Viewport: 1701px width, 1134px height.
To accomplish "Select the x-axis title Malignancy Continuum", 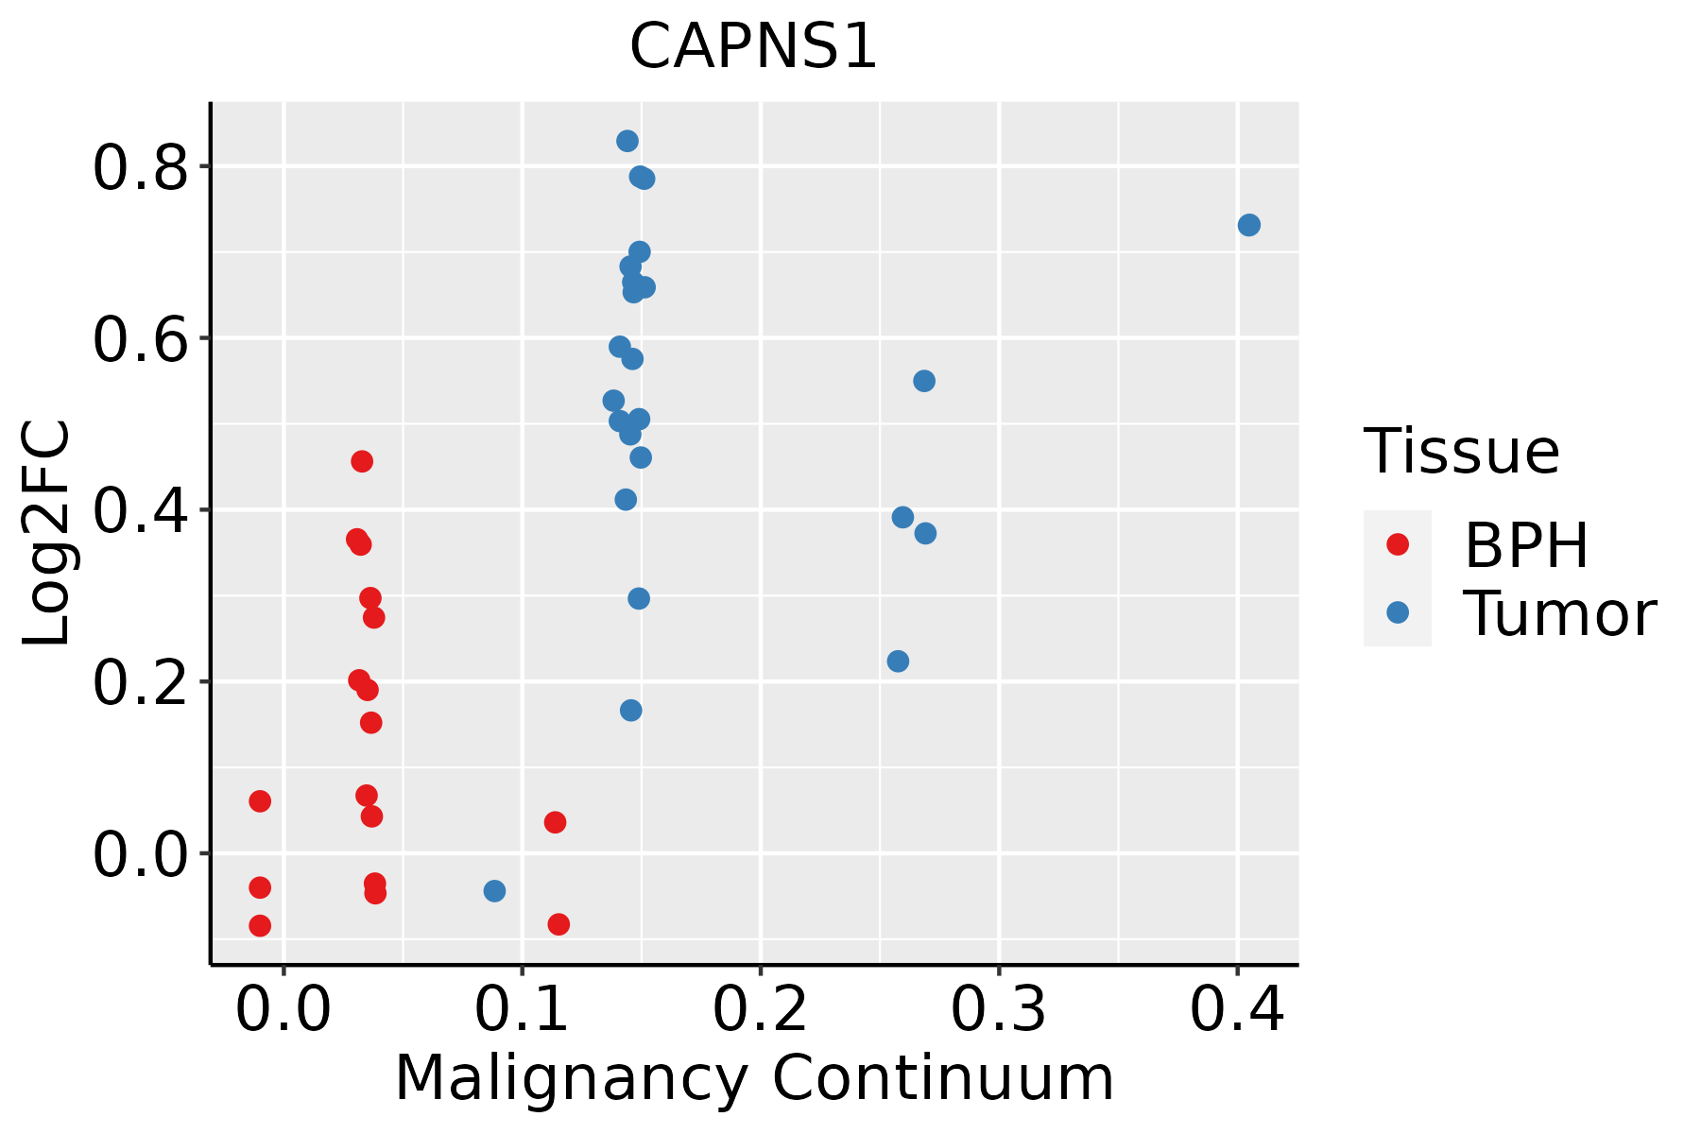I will coord(753,1078).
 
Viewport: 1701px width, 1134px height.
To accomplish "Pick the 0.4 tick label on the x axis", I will coord(1236,1009).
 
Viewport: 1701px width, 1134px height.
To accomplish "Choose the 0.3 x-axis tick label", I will coord(998,1009).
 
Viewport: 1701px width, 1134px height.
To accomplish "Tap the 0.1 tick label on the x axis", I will coord(522,1009).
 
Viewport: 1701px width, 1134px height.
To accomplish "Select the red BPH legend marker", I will coord(1397,543).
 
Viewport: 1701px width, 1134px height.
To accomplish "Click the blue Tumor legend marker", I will coord(1397,612).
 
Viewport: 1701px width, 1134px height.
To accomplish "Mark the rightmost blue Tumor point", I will coord(1248,225).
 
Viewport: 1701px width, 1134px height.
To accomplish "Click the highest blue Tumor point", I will coord(627,141).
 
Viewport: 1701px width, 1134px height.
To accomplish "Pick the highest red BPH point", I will coord(361,461).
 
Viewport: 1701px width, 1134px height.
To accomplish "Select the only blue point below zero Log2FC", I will coord(494,890).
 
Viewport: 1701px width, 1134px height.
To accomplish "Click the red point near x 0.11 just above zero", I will coord(555,822).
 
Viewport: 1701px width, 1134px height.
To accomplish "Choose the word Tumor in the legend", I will coord(1559,614).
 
